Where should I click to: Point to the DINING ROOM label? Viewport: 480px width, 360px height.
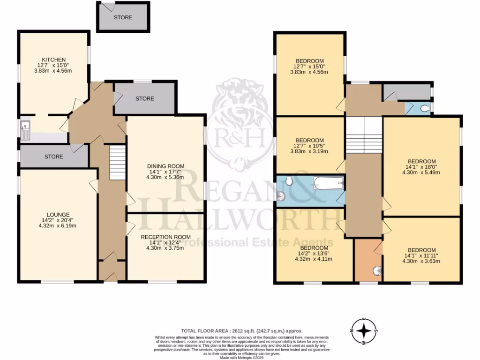[165, 166]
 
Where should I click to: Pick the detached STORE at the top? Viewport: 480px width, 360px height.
[123, 17]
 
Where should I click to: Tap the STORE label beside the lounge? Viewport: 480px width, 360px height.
[54, 157]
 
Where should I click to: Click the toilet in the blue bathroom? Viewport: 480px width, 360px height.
[289, 180]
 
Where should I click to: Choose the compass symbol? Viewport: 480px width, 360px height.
[364, 331]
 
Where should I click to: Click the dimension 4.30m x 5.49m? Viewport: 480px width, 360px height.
[421, 172]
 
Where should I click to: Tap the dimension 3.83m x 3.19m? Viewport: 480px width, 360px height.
[309, 151]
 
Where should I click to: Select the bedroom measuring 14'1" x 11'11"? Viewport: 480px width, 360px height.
[421, 255]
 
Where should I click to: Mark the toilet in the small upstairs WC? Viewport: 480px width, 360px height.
[424, 108]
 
